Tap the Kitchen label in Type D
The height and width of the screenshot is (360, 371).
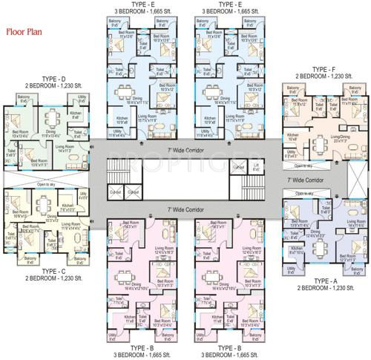tap(76, 115)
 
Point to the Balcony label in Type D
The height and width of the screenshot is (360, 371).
tap(24, 99)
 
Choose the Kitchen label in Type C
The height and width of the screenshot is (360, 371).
tap(52, 220)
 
